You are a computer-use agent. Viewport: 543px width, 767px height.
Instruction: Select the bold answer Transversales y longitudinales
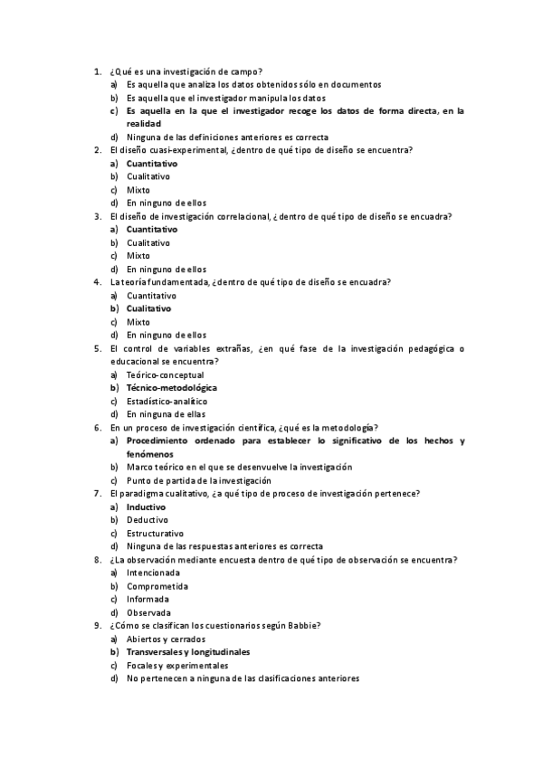tap(188, 652)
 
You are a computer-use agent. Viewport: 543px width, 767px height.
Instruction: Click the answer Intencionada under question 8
tap(153, 573)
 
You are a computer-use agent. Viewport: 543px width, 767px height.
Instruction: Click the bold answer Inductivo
tap(146, 507)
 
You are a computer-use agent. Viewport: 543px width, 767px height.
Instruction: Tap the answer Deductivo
tap(147, 520)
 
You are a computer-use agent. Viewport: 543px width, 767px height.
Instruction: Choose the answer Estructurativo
tap(155, 534)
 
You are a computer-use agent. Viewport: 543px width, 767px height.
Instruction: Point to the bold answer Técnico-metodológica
tap(171, 388)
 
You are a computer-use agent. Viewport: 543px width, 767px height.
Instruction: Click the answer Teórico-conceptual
tap(165, 374)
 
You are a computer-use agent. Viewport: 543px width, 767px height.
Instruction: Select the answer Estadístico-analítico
tap(167, 401)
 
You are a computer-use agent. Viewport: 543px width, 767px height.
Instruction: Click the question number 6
tap(98, 427)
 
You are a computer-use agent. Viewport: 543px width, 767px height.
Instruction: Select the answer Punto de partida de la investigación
tap(198, 480)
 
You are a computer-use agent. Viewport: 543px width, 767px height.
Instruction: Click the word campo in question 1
tap(245, 71)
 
